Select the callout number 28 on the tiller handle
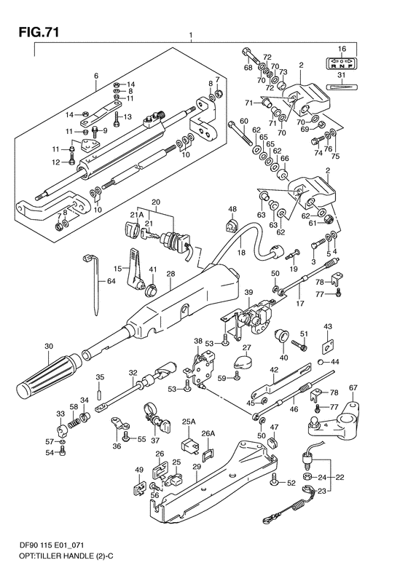coord(170,275)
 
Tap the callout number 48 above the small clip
coord(232,210)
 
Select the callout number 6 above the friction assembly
coord(95,76)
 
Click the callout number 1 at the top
coord(190,35)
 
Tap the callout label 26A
coord(209,433)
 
